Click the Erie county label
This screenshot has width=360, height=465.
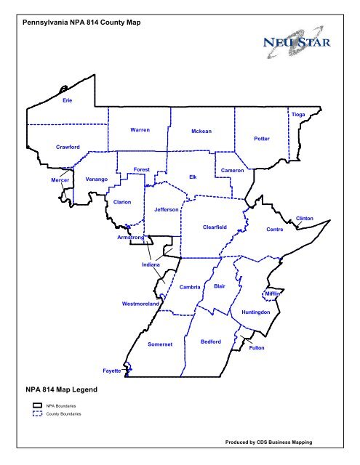(67, 99)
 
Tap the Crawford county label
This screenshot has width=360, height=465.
(67, 147)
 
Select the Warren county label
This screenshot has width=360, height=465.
(140, 130)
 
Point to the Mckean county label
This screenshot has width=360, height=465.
(201, 132)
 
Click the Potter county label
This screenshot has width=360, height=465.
(262, 137)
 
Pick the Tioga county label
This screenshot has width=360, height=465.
(298, 115)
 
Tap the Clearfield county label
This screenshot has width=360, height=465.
(215, 227)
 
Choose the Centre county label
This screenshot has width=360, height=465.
(274, 230)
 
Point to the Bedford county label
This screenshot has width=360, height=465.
(210, 341)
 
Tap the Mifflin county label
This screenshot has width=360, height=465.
(272, 294)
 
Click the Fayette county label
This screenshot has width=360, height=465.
(111, 371)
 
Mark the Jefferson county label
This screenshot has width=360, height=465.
(167, 209)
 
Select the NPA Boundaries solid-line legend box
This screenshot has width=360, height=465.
(37, 405)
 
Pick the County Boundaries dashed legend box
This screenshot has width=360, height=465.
(37, 413)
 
